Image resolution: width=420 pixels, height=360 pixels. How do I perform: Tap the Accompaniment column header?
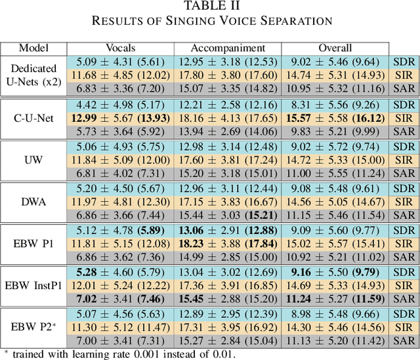pos(227,48)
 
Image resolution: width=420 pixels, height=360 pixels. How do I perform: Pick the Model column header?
pos(33,48)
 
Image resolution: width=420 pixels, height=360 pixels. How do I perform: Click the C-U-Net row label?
pos(33,119)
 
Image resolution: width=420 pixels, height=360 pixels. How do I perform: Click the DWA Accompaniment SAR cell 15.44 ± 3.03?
pos(227,215)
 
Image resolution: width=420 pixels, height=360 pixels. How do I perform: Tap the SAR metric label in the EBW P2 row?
pos(403,342)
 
